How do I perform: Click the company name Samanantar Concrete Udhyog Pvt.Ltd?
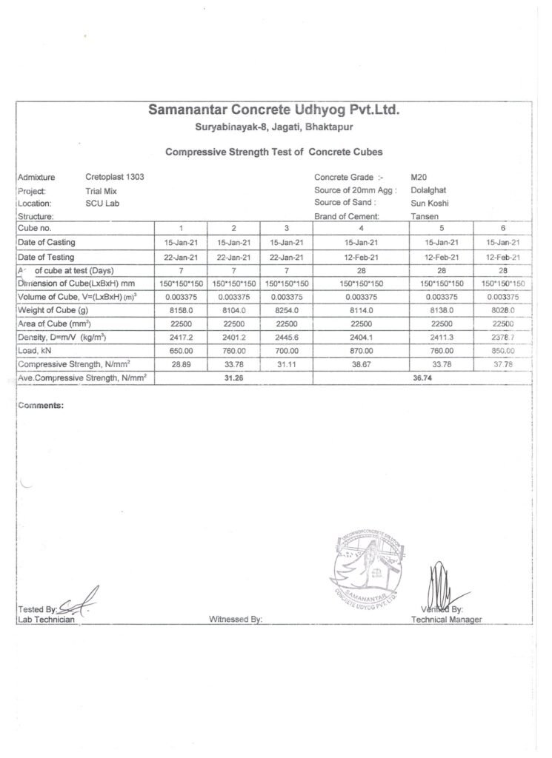(x=274, y=110)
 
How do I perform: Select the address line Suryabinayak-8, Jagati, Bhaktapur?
(x=274, y=127)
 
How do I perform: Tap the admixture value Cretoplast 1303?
(x=115, y=178)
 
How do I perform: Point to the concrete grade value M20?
(x=419, y=178)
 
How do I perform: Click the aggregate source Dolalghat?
(x=428, y=190)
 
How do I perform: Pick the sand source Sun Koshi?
(x=430, y=203)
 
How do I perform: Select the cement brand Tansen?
(x=424, y=216)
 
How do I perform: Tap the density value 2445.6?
(x=286, y=337)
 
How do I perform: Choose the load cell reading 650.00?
(x=181, y=350)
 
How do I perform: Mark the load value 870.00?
(x=361, y=350)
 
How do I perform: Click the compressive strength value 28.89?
(x=181, y=364)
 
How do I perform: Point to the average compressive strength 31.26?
(x=233, y=378)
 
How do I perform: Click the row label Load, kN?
(x=35, y=350)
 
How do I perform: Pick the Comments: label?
(x=41, y=406)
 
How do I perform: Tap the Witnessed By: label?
(x=236, y=620)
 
